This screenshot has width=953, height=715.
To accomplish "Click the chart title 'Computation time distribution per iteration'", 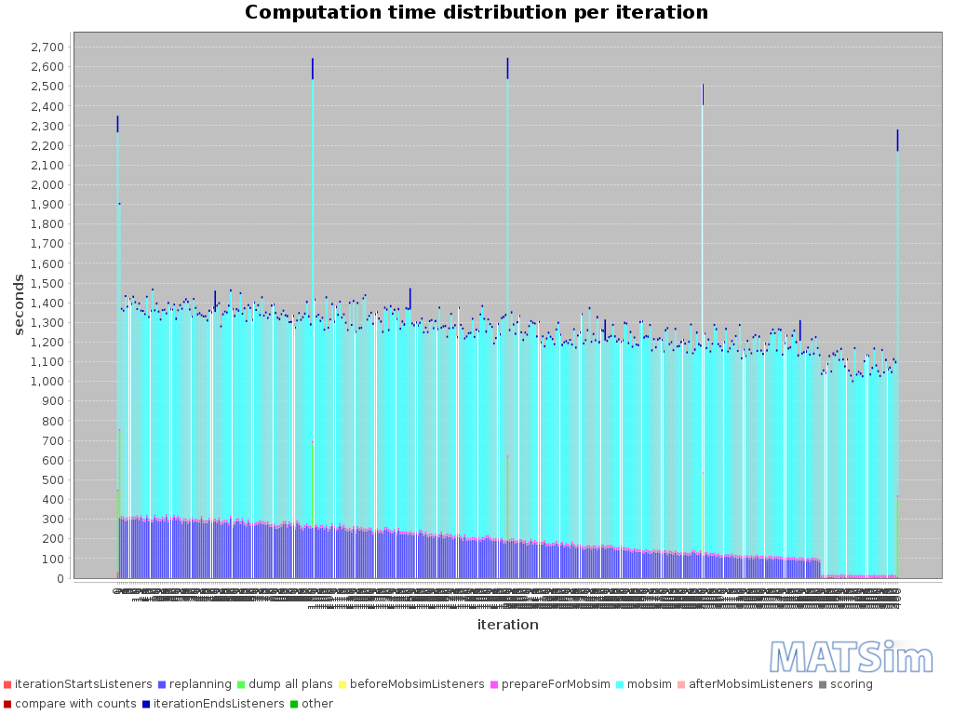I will (x=476, y=13).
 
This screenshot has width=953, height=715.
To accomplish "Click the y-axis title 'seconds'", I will (x=19, y=304).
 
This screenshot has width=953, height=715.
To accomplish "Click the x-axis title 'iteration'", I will (x=507, y=625).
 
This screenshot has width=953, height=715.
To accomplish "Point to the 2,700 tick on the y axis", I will (x=47, y=47).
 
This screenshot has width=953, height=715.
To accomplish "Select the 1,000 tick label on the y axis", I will (x=47, y=382).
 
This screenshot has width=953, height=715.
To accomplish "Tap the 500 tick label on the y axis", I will (x=54, y=480).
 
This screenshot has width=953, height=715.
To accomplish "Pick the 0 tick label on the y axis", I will (x=60, y=579).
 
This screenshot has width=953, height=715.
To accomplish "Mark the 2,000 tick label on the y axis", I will (x=47, y=184).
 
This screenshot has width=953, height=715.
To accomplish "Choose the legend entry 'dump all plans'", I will (x=301, y=684).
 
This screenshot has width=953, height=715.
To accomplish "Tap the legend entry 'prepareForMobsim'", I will (x=557, y=684).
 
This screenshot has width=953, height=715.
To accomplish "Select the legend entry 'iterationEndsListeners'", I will (x=219, y=704).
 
